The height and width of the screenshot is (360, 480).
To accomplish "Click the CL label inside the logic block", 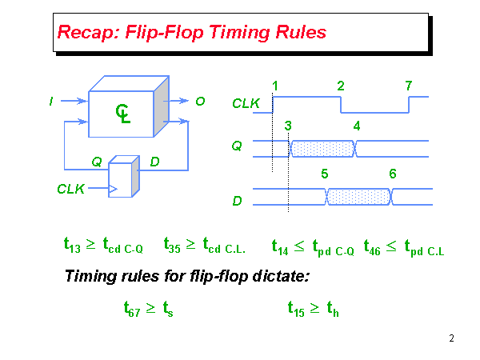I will (123, 114).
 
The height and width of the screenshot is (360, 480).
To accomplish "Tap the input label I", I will (51, 102).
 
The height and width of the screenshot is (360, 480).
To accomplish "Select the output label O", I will (201, 102).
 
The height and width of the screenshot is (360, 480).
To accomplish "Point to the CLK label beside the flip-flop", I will (71, 189).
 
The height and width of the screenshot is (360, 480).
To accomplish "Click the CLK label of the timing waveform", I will (246, 103).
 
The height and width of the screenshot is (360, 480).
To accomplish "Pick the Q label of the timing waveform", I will (238, 146).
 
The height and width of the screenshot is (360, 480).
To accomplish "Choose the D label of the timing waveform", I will (238, 201).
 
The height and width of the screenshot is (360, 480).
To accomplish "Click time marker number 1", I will (275, 86).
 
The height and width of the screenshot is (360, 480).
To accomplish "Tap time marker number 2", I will (341, 86).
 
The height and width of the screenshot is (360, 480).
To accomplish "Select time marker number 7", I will (409, 86).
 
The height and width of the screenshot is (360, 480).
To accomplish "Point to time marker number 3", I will (288, 126).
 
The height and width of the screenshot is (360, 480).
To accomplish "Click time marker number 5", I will (324, 174).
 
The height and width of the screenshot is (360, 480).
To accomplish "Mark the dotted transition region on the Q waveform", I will (322, 148).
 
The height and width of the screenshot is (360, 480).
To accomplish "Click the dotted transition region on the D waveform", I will (358, 197).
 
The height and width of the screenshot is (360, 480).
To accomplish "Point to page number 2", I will (451, 339).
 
